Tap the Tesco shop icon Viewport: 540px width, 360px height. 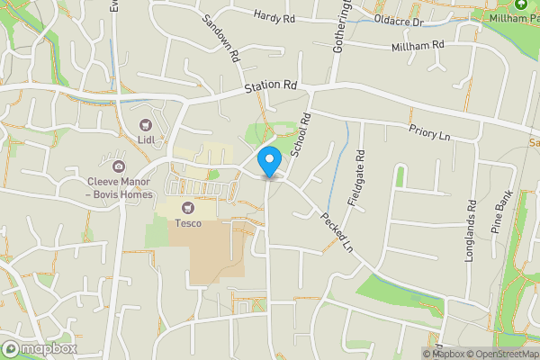tap(188, 208)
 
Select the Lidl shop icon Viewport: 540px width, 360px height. tap(145, 125)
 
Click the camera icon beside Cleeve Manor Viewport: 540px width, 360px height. tap(118, 166)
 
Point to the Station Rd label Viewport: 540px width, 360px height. tap(271, 88)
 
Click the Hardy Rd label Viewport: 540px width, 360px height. tap(274, 16)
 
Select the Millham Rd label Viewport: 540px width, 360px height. tap(418, 46)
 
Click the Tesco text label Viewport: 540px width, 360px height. tap(188, 223)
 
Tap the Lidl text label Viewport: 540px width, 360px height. tap(145, 140)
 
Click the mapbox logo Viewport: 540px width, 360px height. tap(38, 347)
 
